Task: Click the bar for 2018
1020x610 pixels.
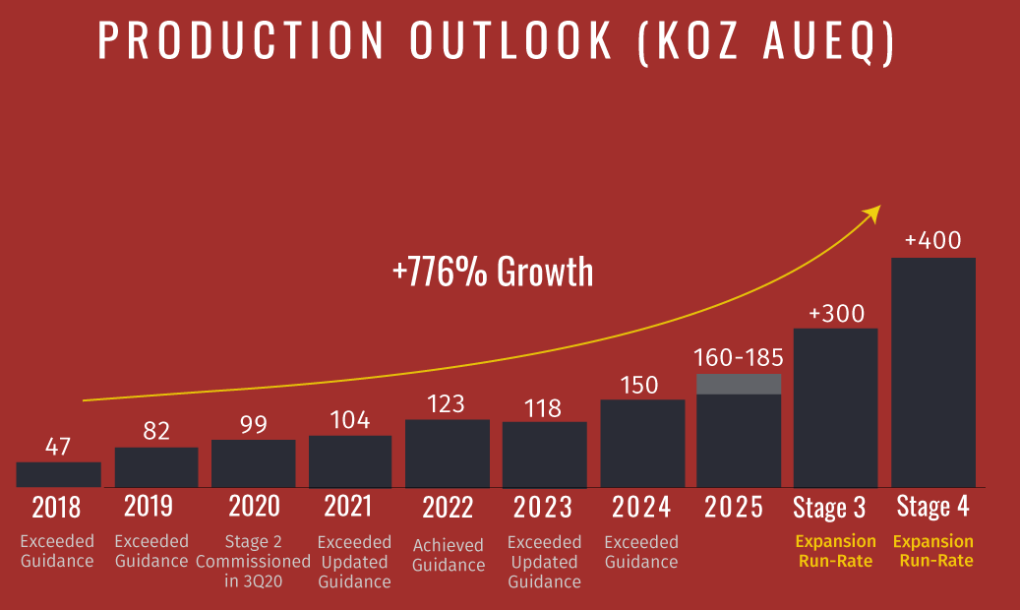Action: (58, 474)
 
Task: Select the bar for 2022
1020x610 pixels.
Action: (447, 454)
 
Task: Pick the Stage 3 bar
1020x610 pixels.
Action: (835, 407)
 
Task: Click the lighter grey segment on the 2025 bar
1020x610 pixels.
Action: (739, 384)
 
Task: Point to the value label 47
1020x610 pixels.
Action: (58, 447)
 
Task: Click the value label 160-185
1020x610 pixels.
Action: (739, 357)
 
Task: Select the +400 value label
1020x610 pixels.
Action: (933, 241)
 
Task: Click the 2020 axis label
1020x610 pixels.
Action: (254, 507)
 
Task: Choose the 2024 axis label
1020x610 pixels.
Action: (641, 508)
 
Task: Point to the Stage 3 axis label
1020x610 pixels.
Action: (829, 508)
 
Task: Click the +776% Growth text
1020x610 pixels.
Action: (493, 271)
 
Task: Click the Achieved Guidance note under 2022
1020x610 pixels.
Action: (449, 555)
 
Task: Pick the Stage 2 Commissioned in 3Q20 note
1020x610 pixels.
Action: (253, 561)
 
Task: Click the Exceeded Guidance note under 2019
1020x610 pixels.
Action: (151, 551)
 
